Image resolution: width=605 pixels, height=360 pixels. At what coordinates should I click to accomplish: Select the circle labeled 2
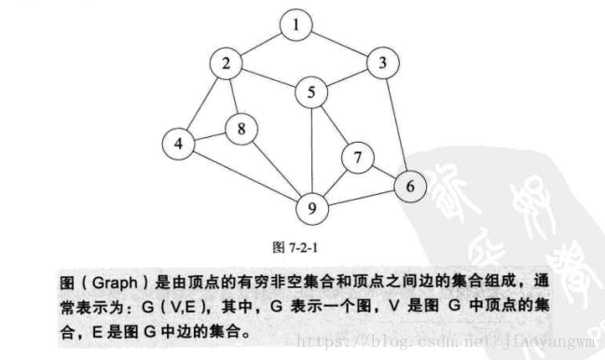(226, 64)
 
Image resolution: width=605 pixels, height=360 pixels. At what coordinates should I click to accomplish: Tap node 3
(382, 64)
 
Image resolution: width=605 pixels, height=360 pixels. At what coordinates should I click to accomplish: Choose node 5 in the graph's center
(311, 92)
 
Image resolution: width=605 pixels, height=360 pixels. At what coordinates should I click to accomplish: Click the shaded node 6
(407, 186)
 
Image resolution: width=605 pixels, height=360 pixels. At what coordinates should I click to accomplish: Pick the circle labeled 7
(356, 159)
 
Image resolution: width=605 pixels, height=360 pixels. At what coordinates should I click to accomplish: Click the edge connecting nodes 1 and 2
(261, 45)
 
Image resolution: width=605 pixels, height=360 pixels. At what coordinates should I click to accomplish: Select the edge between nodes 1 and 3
(339, 45)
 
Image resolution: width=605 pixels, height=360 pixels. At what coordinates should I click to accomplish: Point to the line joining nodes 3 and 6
(395, 125)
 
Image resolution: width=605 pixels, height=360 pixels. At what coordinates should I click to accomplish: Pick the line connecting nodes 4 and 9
(244, 174)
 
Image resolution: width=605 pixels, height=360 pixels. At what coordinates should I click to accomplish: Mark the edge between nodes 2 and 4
(202, 104)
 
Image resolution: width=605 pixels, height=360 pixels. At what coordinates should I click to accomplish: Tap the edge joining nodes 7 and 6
(381, 172)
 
